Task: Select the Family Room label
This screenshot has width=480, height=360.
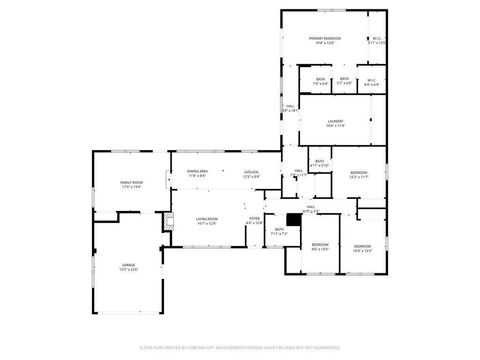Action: tap(132, 183)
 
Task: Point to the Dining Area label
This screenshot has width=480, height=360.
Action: tap(197, 172)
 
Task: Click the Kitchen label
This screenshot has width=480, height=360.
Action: tap(251, 172)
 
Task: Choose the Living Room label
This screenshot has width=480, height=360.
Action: tap(207, 219)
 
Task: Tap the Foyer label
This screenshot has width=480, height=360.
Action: tap(255, 219)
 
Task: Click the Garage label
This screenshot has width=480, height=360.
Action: tap(129, 264)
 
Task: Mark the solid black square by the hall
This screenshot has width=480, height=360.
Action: tap(293, 219)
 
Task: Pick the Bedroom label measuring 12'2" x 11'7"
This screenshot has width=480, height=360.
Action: tap(359, 173)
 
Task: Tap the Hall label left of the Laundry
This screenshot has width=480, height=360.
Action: tap(291, 106)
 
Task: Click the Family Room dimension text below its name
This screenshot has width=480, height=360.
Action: tap(132, 187)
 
